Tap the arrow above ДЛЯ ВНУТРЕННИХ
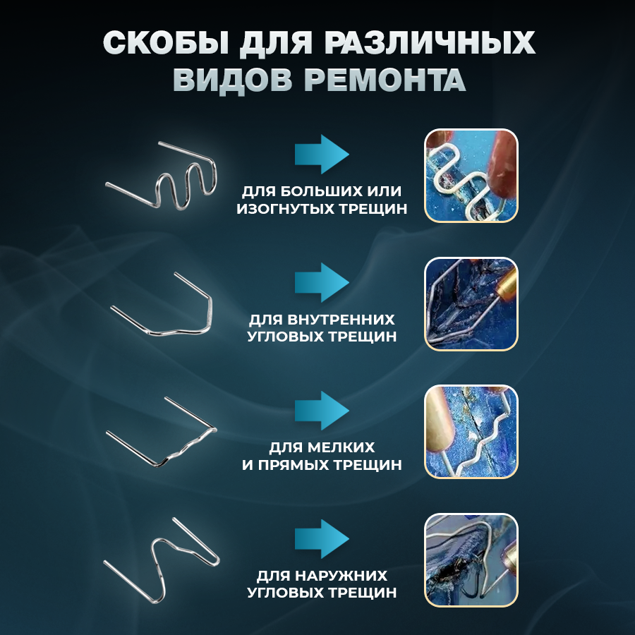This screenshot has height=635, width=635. pos(322,283)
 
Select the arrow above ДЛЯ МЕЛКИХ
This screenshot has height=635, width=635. pos(322,411)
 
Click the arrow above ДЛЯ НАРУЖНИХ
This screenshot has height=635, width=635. pos(322,539)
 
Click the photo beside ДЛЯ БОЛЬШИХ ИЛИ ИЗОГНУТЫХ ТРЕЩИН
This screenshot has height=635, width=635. pos(471,176)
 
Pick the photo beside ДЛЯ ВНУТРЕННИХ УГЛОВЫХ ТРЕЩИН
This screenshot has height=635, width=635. pos(471,303)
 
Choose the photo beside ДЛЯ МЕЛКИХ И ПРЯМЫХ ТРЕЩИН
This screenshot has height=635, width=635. pos(471,431)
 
